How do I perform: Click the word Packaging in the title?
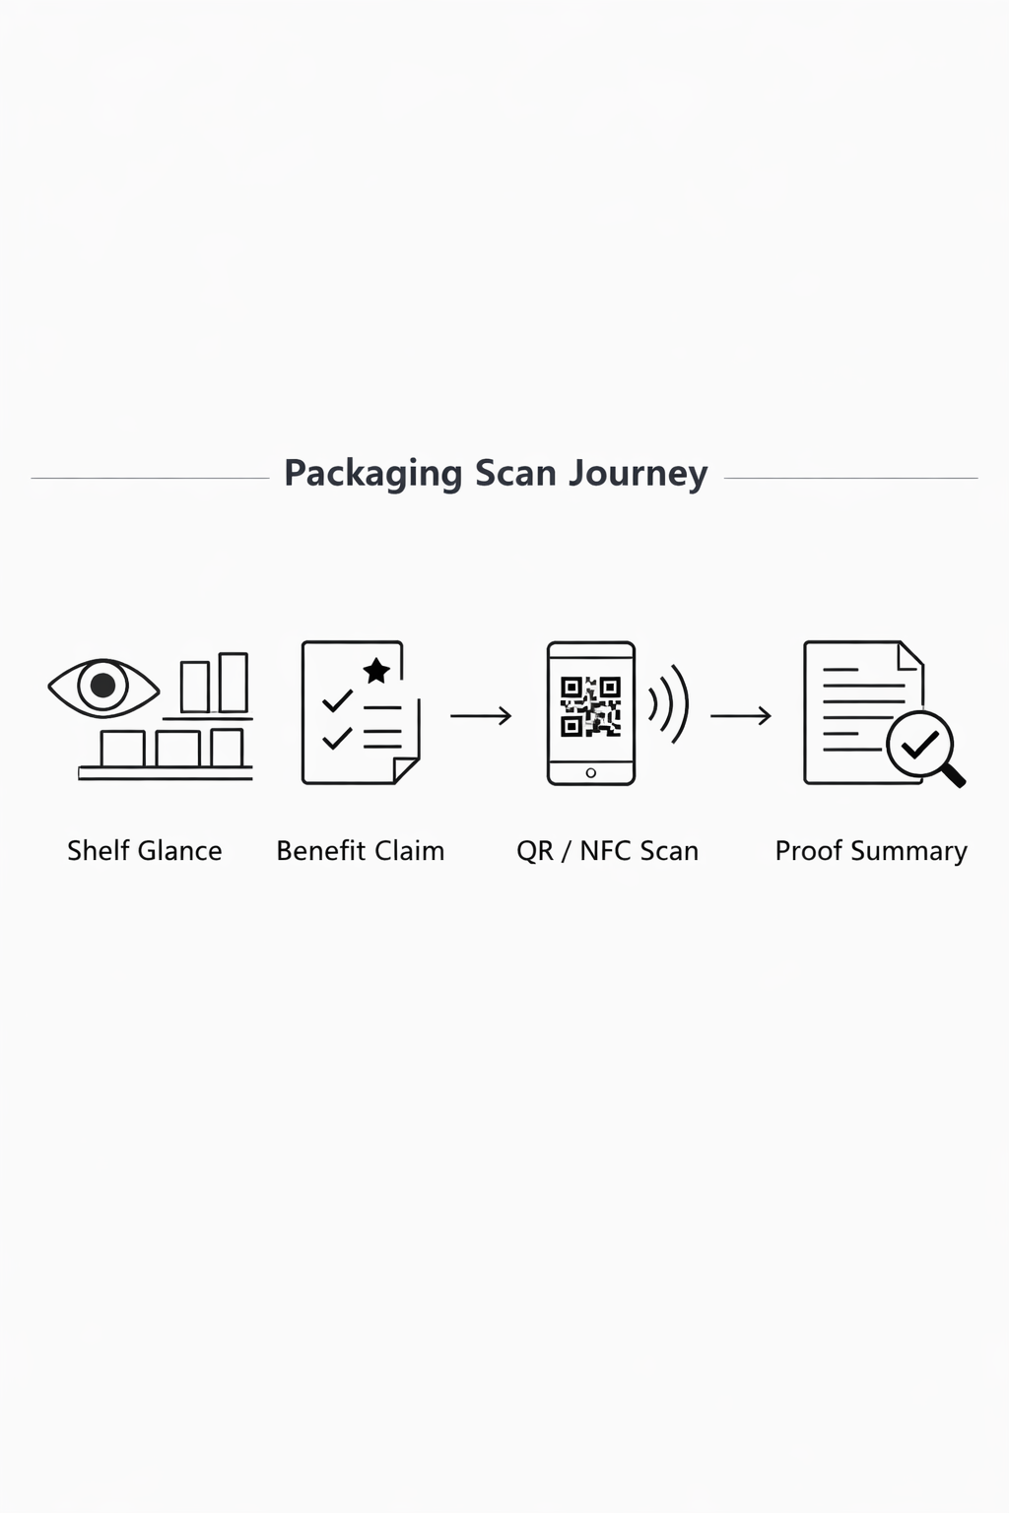click(372, 474)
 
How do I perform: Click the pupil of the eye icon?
click(102, 686)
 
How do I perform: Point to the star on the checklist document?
click(376, 671)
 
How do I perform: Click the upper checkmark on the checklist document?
click(337, 700)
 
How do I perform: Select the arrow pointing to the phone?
click(481, 715)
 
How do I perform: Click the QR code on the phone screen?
click(590, 706)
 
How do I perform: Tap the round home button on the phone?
click(590, 773)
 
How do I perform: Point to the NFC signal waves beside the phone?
click(669, 704)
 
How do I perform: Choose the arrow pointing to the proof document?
click(740, 715)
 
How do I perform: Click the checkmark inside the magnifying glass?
click(919, 745)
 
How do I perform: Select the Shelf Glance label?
click(145, 851)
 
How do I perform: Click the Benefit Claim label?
click(360, 851)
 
